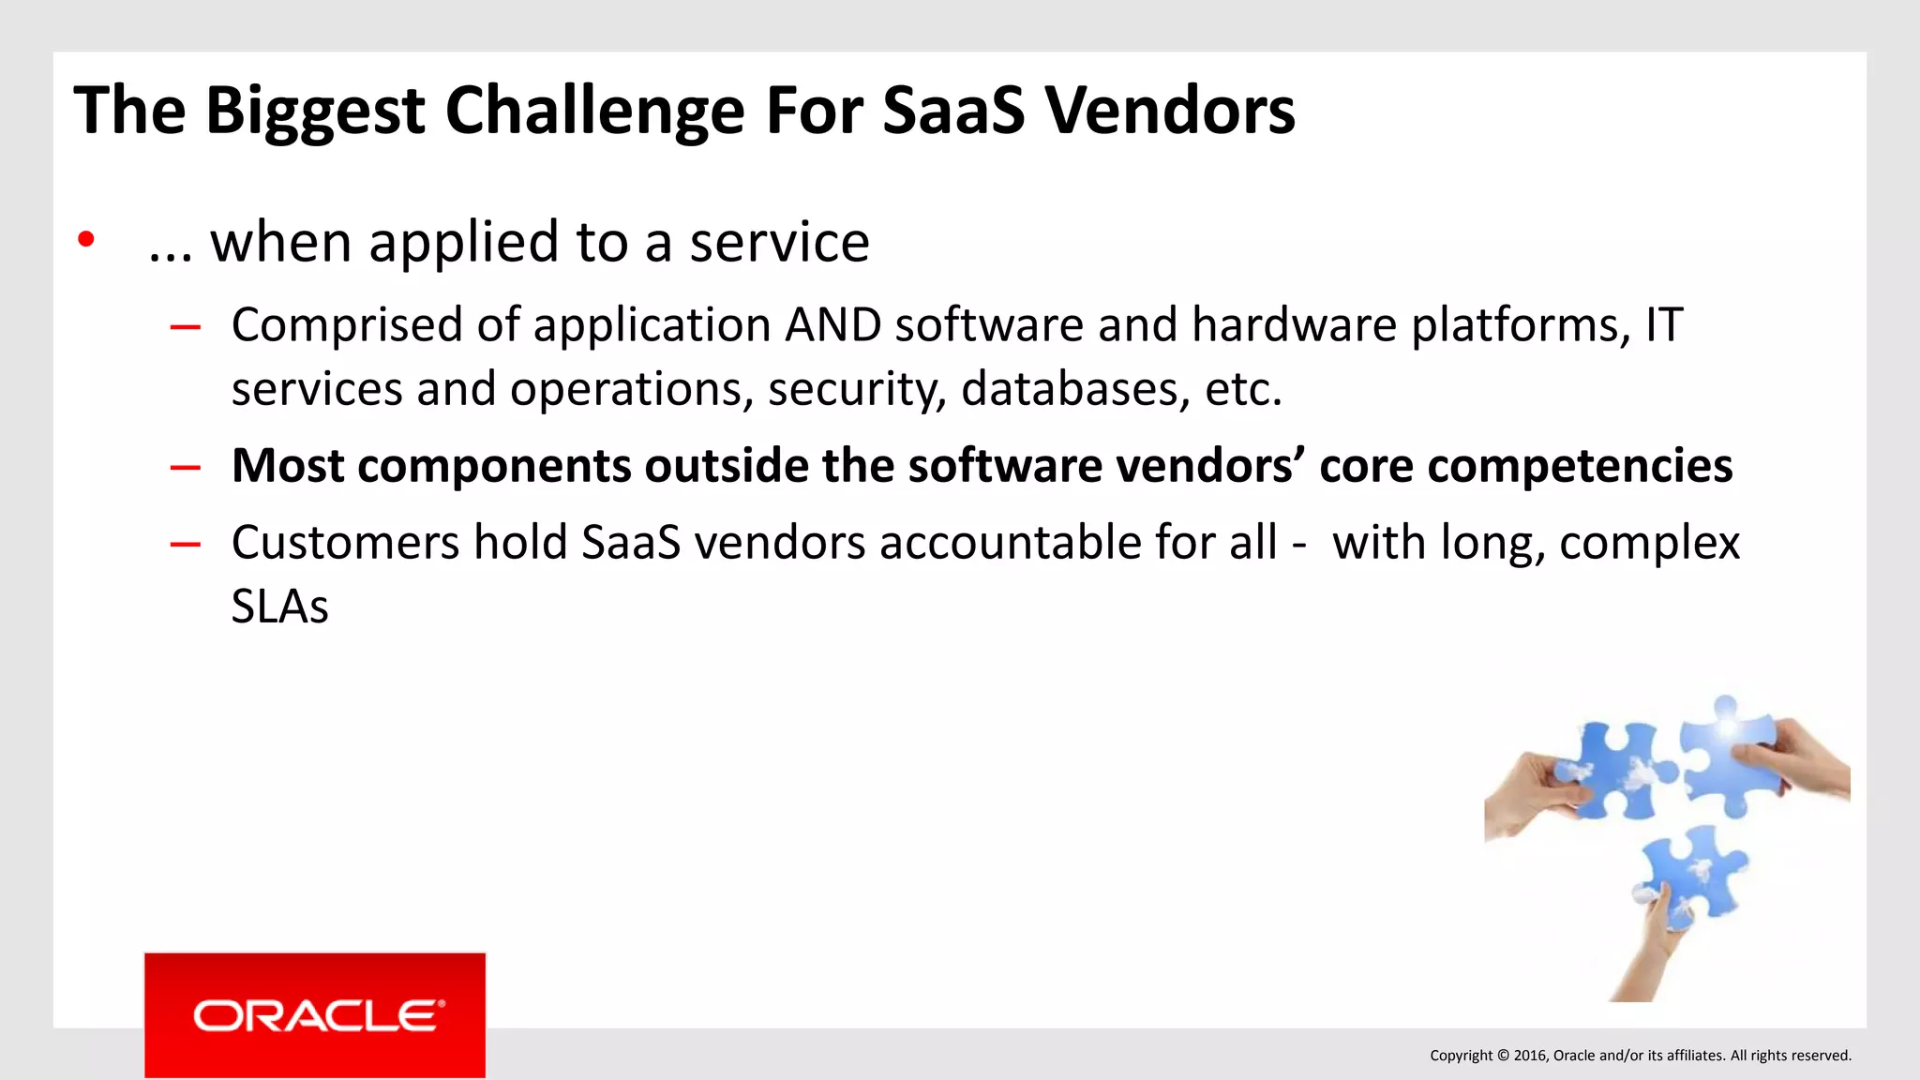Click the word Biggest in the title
[315, 112]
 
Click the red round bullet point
[86, 240]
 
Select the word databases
[1069, 389]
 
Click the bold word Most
[287, 466]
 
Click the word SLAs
[279, 607]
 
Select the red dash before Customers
[186, 544]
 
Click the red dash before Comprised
[186, 327]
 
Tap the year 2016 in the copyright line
[1530, 1056]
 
